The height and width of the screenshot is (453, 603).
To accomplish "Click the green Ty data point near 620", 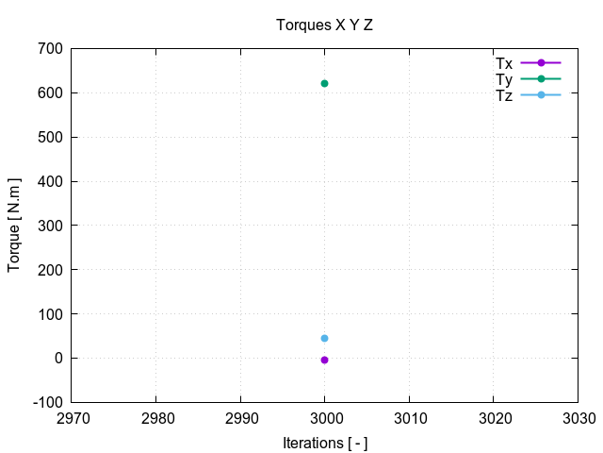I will coord(324,84).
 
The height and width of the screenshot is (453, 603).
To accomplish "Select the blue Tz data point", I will coord(324,338).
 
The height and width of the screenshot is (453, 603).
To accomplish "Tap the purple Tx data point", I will coord(324,360).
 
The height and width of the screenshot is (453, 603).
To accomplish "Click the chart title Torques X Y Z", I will coord(324,25).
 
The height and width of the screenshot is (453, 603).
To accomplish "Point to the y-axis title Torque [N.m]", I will coord(14,225).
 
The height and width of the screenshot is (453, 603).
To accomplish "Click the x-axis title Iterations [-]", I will coord(324,443).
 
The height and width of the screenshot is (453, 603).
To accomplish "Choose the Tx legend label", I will coord(504,63).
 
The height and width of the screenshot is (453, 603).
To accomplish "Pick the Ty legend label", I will coord(504,79).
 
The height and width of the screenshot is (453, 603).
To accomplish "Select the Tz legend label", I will coord(504,95).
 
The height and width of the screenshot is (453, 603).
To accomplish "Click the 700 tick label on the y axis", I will coord(51,49).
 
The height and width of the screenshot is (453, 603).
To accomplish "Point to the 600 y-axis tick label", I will coord(51,93).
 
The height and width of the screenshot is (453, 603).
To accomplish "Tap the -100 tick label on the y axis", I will coord(47,402).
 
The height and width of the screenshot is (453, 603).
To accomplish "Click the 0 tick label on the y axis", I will coord(58,358).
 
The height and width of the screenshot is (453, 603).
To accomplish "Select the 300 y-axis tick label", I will coord(51,226).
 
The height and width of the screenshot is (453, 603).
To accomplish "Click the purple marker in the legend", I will coord(541,63).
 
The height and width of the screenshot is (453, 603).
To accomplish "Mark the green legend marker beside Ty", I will coord(541,79).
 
